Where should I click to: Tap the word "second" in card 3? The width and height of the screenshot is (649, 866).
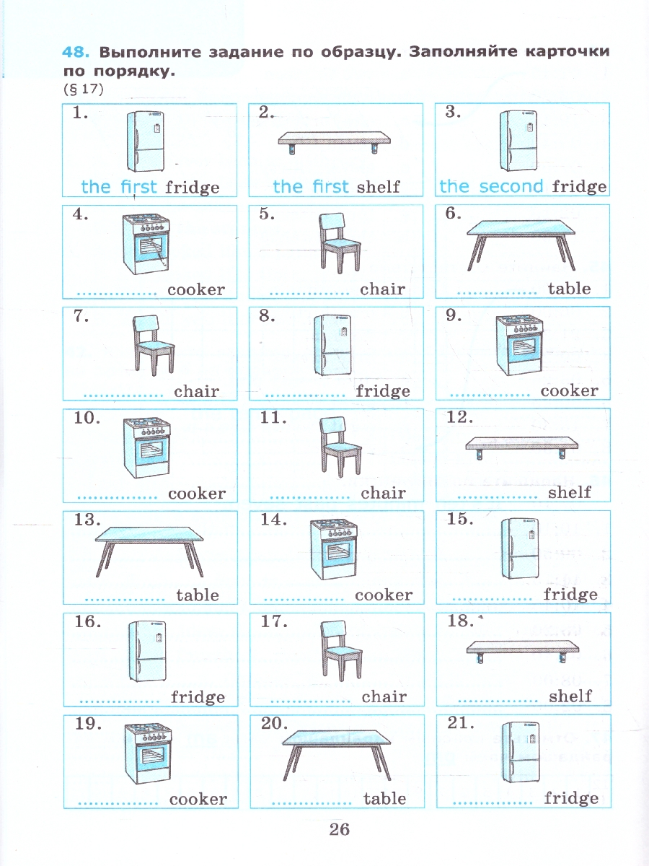pyautogui.click(x=511, y=186)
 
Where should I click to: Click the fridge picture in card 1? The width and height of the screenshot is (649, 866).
pyautogui.click(x=146, y=141)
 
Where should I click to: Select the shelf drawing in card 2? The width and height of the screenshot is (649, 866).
pyautogui.click(x=335, y=143)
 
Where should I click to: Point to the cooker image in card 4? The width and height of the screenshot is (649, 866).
pyautogui.click(x=146, y=244)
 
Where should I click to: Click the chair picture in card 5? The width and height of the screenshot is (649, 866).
pyautogui.click(x=340, y=243)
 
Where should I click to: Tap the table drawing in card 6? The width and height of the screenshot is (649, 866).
pyautogui.click(x=521, y=245)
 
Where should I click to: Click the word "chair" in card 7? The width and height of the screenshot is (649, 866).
pyautogui.click(x=196, y=391)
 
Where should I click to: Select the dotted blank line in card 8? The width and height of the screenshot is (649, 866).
pyautogui.click(x=305, y=395)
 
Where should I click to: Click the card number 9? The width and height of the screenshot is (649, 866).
pyautogui.click(x=454, y=315)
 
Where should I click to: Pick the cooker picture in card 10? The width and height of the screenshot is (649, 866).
pyautogui.click(x=147, y=448)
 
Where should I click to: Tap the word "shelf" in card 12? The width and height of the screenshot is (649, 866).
pyautogui.click(x=570, y=492)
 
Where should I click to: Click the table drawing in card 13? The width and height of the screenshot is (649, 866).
pyautogui.click(x=149, y=552)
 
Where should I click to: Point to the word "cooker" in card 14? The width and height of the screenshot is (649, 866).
pyautogui.click(x=384, y=595)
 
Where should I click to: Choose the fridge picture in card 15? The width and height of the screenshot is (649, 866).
pyautogui.click(x=520, y=548)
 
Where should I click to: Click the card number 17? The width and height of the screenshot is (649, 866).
pyautogui.click(x=274, y=622)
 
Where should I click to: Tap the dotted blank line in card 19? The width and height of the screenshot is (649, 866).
pyautogui.click(x=118, y=803)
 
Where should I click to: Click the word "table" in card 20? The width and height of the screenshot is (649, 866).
pyautogui.click(x=384, y=799)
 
